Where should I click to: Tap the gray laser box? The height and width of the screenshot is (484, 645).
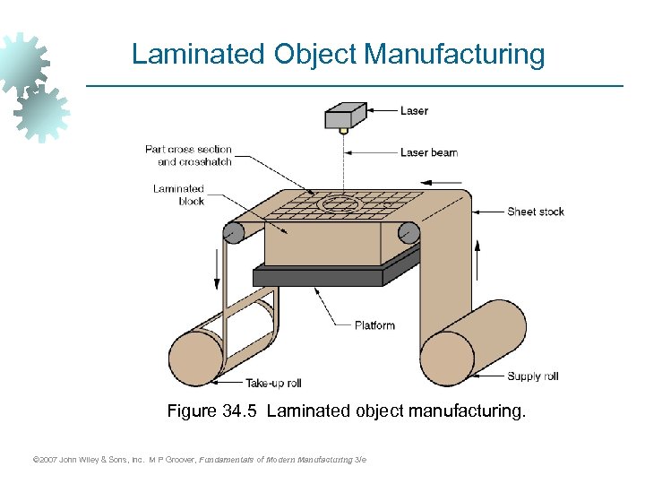(x=344, y=116)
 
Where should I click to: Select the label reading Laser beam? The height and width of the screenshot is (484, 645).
(x=428, y=152)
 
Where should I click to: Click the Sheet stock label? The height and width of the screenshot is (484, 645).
(x=536, y=212)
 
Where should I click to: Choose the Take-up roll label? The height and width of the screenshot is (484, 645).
(x=273, y=383)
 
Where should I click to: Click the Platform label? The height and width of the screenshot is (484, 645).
(x=374, y=325)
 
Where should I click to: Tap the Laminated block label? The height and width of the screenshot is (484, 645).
(x=178, y=194)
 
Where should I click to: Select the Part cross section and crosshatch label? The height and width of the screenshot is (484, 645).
(x=188, y=155)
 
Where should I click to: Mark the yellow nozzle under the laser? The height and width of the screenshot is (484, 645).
(x=343, y=130)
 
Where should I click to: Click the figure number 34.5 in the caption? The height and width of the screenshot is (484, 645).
(x=239, y=411)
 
